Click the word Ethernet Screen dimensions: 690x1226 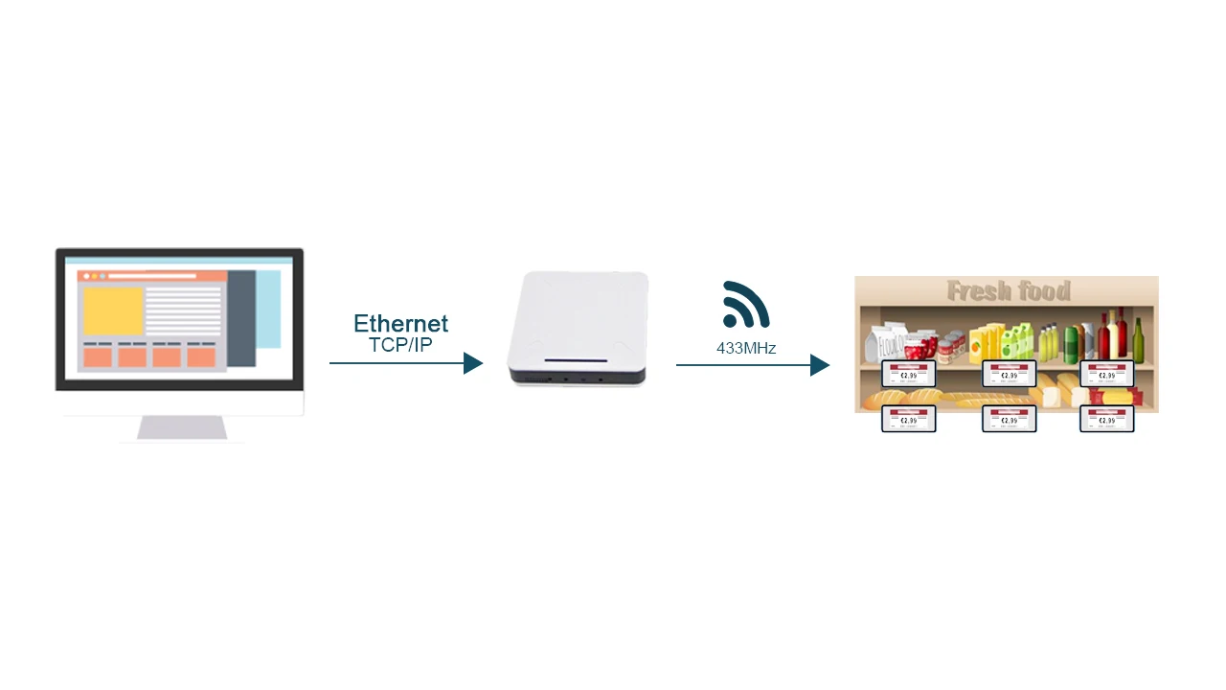400,324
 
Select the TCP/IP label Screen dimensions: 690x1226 400,345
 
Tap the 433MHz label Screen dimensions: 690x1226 746,349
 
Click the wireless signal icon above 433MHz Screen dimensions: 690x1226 745,305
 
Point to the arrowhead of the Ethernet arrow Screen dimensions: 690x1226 473,363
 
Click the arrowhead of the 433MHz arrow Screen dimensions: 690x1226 820,365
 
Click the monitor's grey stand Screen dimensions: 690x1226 182,427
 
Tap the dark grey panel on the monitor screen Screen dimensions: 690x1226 241,318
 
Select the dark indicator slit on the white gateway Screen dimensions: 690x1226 577,361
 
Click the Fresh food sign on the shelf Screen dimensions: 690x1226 1008,290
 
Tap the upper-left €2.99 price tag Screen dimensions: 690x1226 908,374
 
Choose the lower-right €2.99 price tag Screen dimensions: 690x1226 1107,419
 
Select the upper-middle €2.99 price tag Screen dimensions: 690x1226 1010,374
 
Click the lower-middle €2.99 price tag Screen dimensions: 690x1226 1010,419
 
